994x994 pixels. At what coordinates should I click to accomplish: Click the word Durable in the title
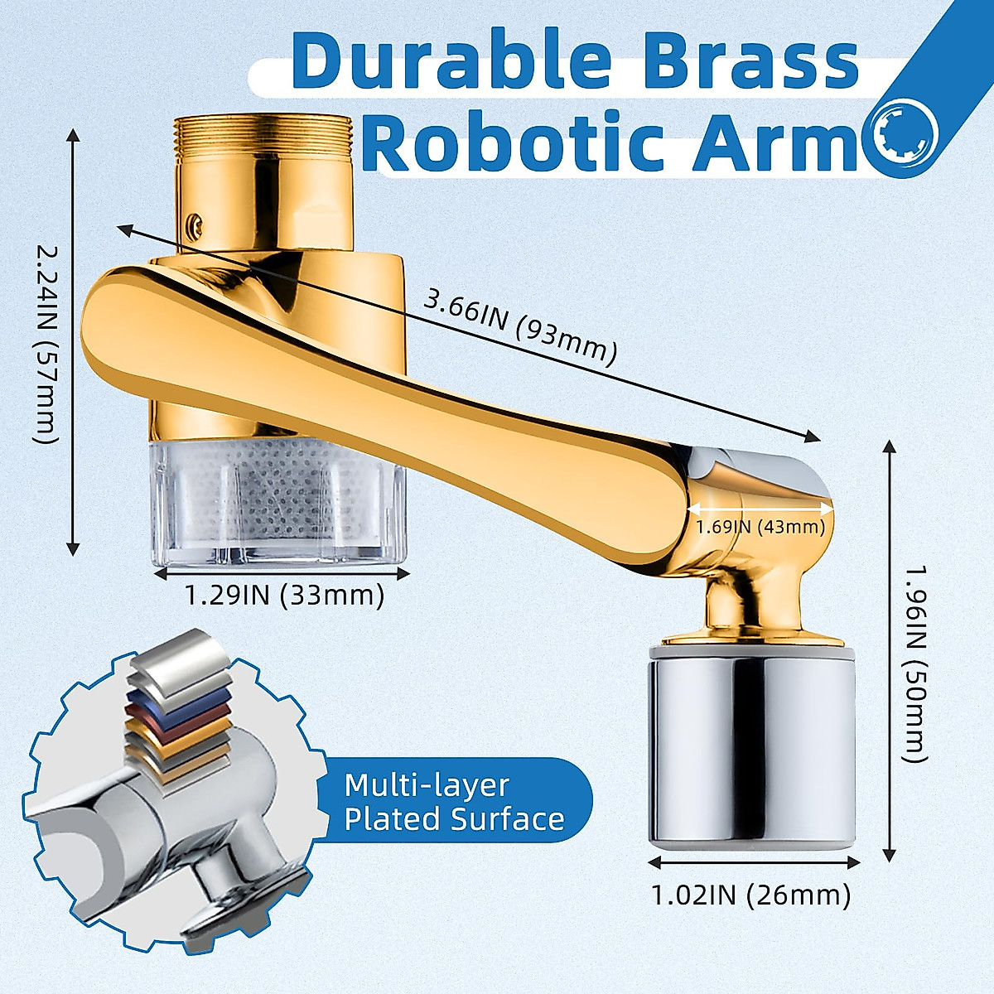452,62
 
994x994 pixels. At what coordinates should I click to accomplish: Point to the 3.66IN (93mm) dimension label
520,325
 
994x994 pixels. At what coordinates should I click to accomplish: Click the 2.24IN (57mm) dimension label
48,343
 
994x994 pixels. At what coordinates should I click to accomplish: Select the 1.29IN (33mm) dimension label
284,595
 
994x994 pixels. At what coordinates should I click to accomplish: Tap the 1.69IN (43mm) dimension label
760,527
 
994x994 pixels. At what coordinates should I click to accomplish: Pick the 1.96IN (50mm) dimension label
914,663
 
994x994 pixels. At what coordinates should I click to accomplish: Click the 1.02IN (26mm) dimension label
751,895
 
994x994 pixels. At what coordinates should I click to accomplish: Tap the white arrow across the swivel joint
760,508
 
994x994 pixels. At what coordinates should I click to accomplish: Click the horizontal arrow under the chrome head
752,863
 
